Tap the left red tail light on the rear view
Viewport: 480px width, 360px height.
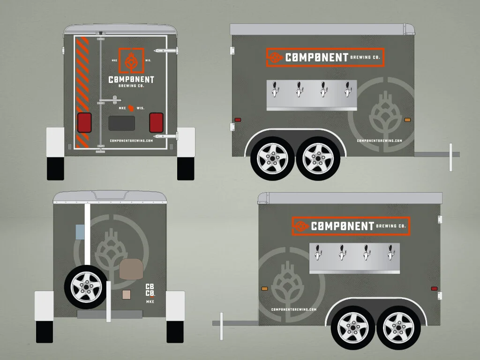pos(84,122)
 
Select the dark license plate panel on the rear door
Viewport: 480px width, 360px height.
pos(121,123)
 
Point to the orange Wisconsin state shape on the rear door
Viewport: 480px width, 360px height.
pos(132,108)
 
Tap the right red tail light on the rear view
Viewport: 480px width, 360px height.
pos(156,122)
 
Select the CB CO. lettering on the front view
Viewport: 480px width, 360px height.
pos(150,290)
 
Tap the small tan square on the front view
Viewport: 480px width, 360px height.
pos(126,294)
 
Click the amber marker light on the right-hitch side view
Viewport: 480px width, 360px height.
pos(407,120)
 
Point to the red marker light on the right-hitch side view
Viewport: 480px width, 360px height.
pos(238,120)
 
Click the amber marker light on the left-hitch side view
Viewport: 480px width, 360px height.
pos(264,288)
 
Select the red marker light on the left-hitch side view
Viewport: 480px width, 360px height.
pos(434,288)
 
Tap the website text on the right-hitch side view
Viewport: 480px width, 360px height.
pos(379,141)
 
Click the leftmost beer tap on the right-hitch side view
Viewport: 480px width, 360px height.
pos(276,89)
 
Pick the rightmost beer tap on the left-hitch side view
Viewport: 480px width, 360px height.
pos(391,252)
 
